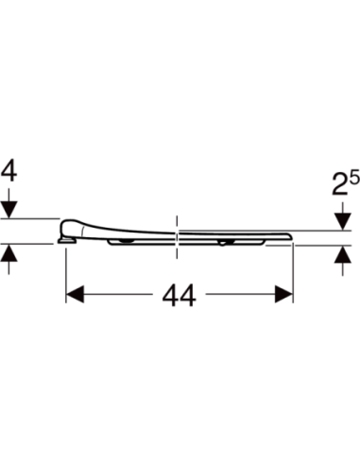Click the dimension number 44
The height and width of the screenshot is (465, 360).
pyautogui.click(x=179, y=295)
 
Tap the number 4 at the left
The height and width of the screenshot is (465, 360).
pyautogui.click(x=9, y=172)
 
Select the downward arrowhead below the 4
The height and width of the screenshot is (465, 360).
pyautogui.click(x=9, y=209)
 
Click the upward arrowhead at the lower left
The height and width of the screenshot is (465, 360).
pyautogui.click(x=9, y=252)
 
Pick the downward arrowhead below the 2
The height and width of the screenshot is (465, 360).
pyautogui.click(x=343, y=221)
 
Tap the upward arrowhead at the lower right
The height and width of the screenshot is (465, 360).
pyautogui.click(x=343, y=254)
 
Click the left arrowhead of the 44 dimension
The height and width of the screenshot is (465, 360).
pyautogui.click(x=75, y=294)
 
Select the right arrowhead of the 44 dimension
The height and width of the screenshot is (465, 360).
pyautogui.click(x=284, y=294)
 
